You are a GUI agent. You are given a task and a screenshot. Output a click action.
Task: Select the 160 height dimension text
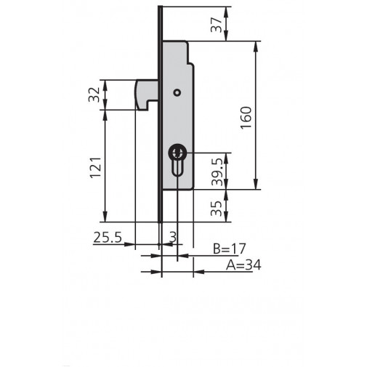(246, 116)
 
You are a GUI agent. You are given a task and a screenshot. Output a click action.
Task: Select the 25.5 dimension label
(107, 237)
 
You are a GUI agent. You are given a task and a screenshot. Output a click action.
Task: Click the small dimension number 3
(173, 237)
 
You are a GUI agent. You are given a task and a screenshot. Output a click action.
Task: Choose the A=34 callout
(238, 265)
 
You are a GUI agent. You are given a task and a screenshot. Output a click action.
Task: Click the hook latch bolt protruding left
(146, 94)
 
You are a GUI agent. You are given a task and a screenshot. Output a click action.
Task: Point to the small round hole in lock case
(176, 92)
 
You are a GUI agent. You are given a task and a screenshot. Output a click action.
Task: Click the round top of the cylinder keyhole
(177, 153)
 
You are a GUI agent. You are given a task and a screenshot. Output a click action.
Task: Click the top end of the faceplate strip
(160, 9)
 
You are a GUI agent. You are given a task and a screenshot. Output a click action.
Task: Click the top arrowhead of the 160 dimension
(257, 46)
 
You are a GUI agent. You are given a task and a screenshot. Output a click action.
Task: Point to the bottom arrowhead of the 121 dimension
(106, 217)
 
